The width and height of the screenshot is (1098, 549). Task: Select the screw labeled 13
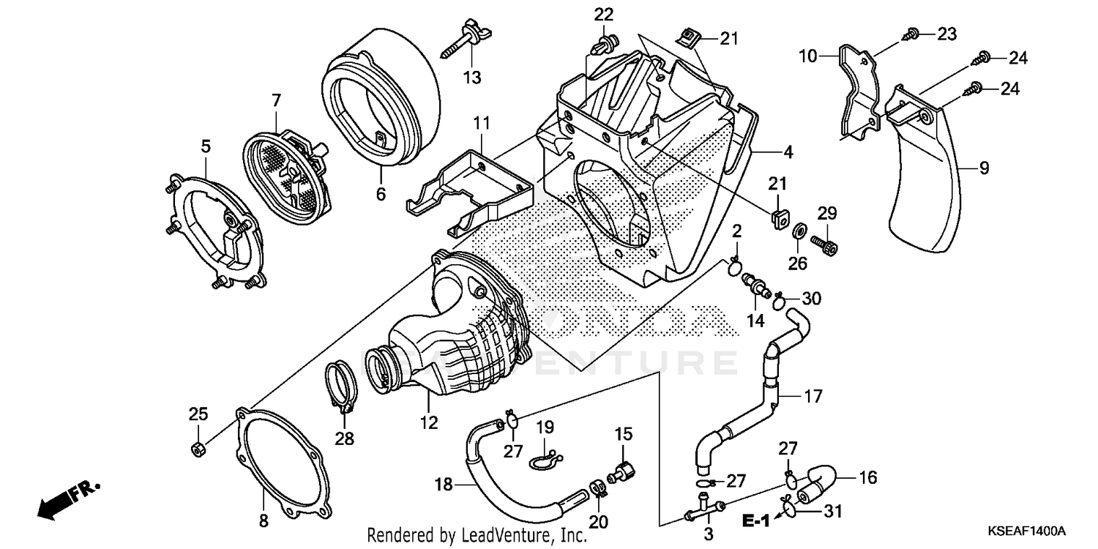click(x=461, y=45)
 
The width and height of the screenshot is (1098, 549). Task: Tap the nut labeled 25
click(x=196, y=449)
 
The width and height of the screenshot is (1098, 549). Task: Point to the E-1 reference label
click(x=755, y=521)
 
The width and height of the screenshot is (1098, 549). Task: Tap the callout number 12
click(x=428, y=422)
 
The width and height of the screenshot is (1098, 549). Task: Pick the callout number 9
click(x=984, y=168)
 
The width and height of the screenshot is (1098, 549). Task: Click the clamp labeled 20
click(x=598, y=487)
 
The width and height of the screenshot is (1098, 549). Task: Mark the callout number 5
click(x=206, y=147)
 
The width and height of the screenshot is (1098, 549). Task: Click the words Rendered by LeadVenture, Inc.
click(x=477, y=536)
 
